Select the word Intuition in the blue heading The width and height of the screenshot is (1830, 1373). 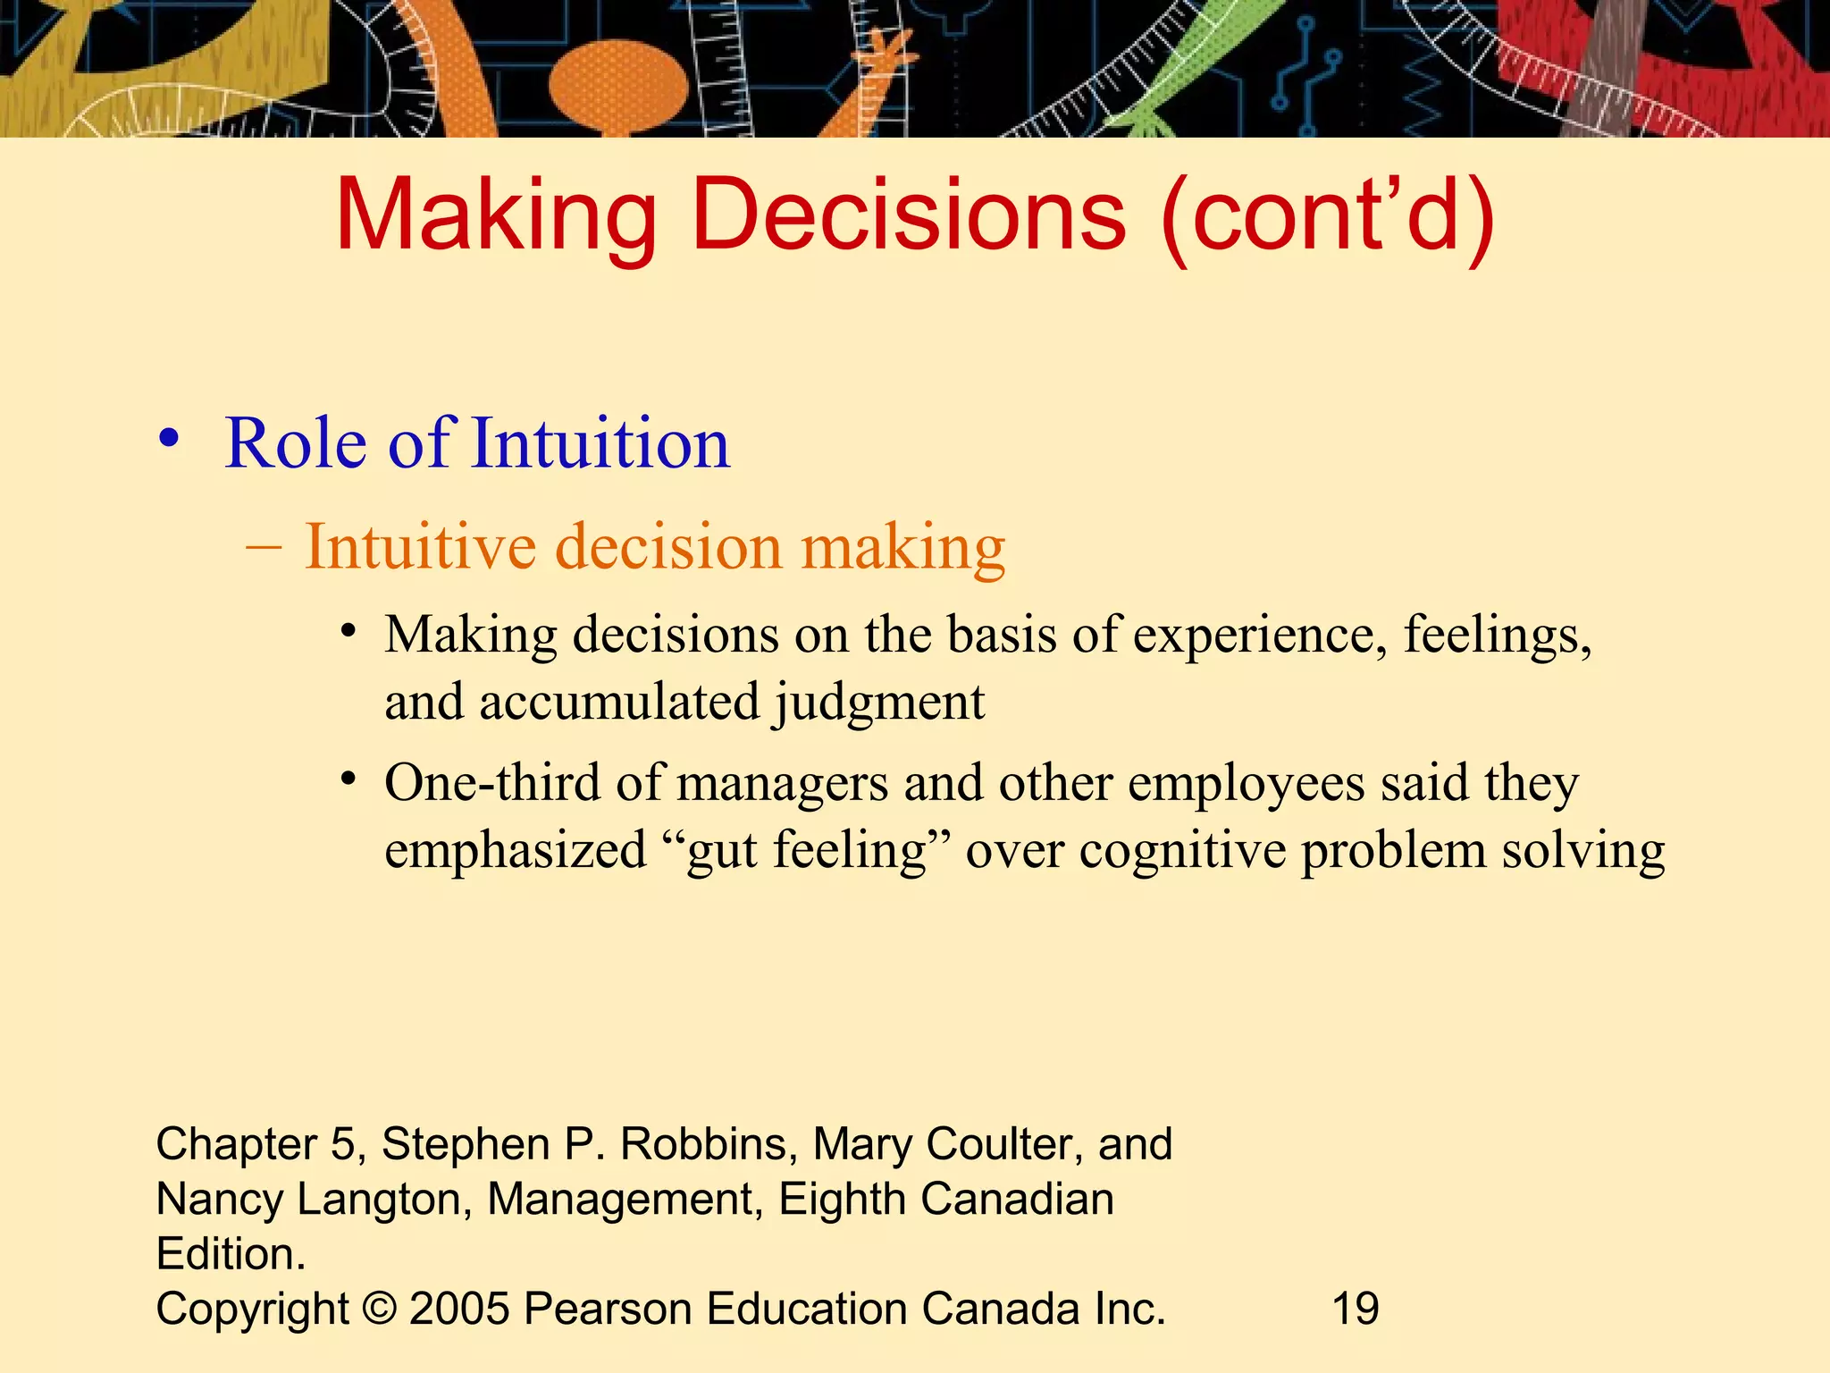point(600,443)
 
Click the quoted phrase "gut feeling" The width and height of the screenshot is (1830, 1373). point(807,850)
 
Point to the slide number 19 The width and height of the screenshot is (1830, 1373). point(1355,1309)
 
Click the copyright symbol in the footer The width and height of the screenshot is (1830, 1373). point(379,1309)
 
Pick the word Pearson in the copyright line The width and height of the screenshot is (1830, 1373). point(608,1309)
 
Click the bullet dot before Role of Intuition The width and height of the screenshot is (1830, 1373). point(169,441)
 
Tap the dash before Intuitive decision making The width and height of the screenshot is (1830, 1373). point(264,544)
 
